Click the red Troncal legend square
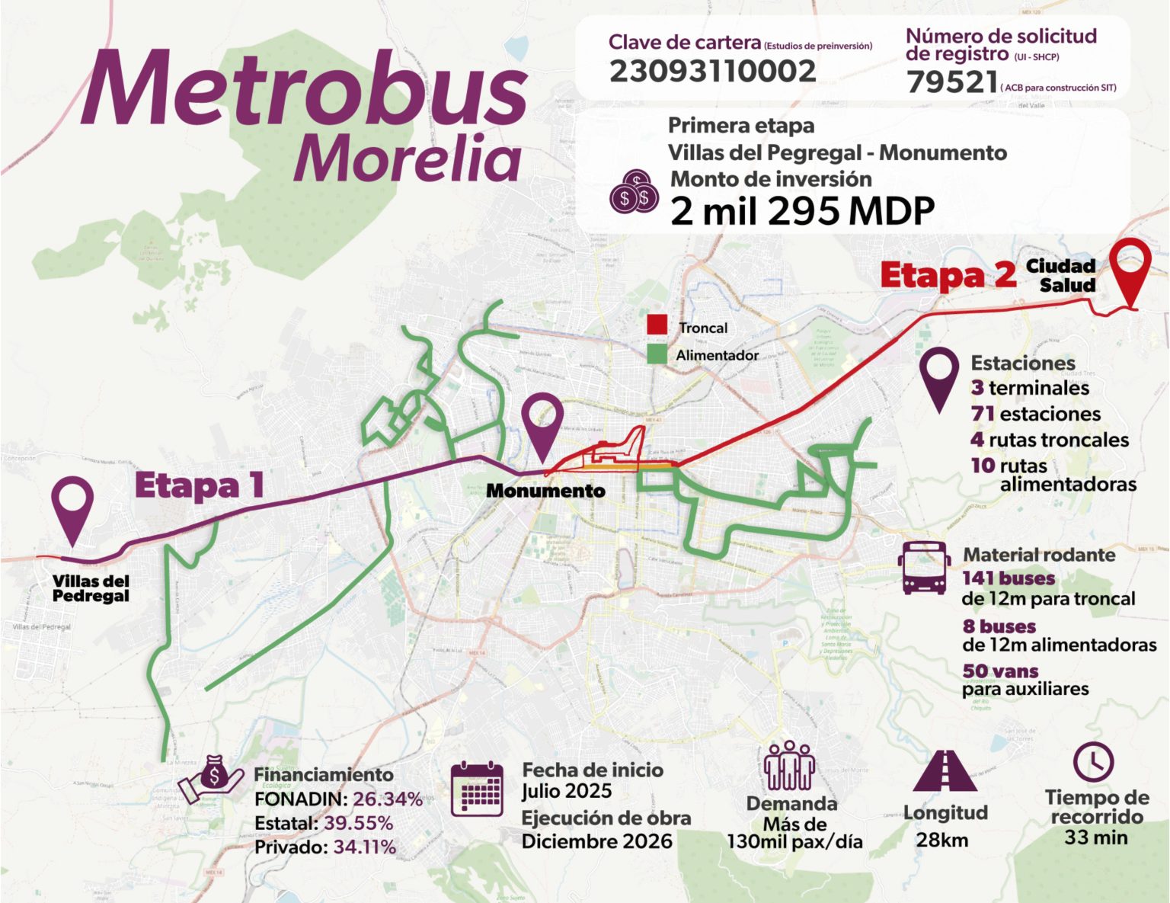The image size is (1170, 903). (x=657, y=325)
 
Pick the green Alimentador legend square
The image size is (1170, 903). (x=657, y=354)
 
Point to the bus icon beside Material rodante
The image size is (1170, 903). (x=924, y=568)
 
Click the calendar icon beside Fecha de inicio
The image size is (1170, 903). (x=477, y=789)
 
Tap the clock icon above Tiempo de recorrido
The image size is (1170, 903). (x=1093, y=761)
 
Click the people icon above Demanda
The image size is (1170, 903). (x=790, y=766)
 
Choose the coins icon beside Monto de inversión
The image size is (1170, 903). (x=634, y=192)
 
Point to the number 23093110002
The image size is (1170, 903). (x=712, y=72)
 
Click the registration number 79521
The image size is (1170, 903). (x=952, y=82)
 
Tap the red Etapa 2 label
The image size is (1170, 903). (x=948, y=275)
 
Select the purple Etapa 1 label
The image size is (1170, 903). (x=200, y=485)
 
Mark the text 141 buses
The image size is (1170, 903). (x=1009, y=578)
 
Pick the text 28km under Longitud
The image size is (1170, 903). (x=941, y=840)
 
